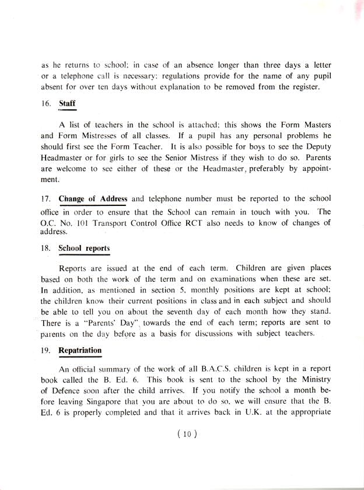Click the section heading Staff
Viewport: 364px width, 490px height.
tap(68, 104)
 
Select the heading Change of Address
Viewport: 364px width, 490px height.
tap(93, 199)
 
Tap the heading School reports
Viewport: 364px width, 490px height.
tap(84, 248)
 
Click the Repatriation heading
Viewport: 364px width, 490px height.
tap(80, 351)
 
